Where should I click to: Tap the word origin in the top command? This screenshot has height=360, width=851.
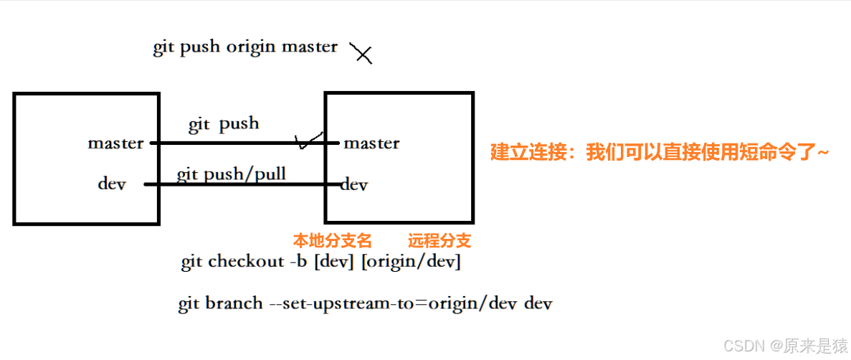coord(251,47)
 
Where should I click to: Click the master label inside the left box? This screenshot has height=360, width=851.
coord(115,143)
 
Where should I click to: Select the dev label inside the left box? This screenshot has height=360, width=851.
coord(112,184)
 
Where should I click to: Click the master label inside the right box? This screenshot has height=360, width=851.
coord(371,143)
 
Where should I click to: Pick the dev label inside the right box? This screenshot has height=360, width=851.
coord(354,185)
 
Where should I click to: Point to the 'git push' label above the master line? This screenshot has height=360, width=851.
coord(224,124)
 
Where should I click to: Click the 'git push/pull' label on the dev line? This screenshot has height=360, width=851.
coord(231,174)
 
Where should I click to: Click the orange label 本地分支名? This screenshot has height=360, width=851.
coord(332,240)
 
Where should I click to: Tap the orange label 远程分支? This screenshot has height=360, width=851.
coord(439,240)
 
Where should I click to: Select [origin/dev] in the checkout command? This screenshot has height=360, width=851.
coord(411,262)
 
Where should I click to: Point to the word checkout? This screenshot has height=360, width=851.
coord(246,262)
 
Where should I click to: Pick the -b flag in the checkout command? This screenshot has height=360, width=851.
coord(299,262)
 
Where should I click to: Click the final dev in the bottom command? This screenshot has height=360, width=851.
coord(538,303)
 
